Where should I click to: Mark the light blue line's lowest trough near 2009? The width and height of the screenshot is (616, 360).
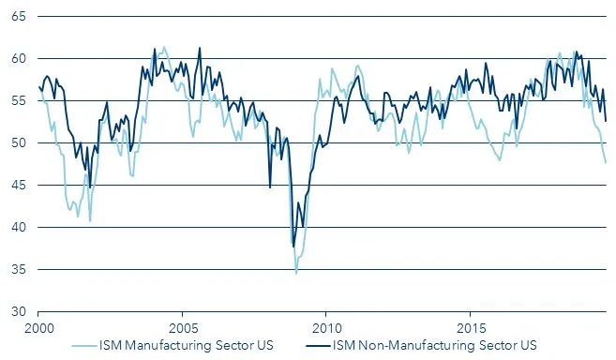click(x=296, y=272)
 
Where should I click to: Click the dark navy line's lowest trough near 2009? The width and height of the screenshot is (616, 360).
click(x=293, y=246)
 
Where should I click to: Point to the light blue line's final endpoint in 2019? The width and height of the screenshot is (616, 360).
click(x=606, y=162)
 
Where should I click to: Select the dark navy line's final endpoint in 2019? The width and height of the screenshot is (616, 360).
click(x=606, y=120)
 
